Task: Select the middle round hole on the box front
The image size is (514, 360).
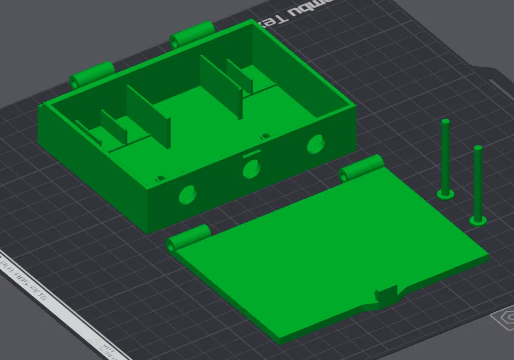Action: click(x=252, y=168)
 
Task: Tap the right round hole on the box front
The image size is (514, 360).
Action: click(x=315, y=144)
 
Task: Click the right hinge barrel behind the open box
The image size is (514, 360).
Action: click(x=191, y=34)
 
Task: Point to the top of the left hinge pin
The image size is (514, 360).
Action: click(x=446, y=121)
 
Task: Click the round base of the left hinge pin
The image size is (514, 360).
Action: click(x=446, y=194)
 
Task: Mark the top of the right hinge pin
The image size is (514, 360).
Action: click(x=478, y=148)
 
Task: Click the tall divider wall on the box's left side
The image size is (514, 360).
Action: click(x=148, y=115)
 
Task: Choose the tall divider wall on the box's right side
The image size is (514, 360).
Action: click(x=221, y=85)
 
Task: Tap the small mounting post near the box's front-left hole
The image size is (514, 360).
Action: click(x=161, y=178)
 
